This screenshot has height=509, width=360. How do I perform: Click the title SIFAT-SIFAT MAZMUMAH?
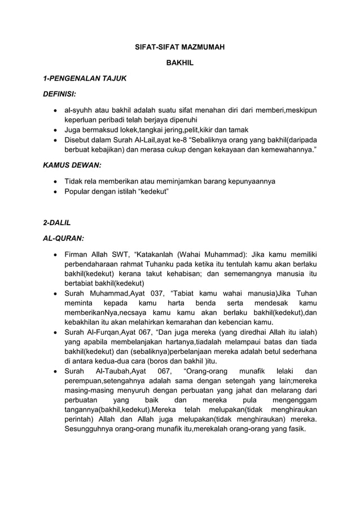pos(179,47)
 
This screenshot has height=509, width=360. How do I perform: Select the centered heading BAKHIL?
pos(179,63)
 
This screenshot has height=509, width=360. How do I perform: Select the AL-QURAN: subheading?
pos(63,238)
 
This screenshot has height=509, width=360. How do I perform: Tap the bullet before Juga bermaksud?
pos(55,129)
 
